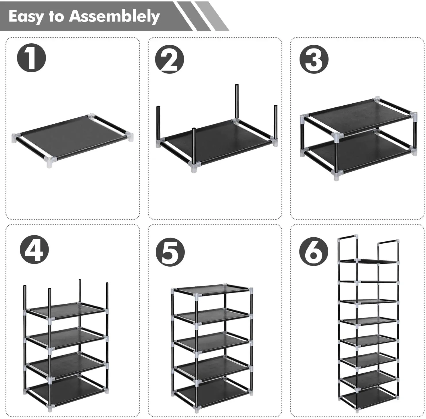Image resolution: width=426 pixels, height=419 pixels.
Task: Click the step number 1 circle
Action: point(32,58)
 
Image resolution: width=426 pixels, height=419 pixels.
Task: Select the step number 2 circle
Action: point(169,59)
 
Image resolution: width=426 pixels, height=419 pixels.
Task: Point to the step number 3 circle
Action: point(314,59)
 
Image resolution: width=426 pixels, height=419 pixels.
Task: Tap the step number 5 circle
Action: point(170,252)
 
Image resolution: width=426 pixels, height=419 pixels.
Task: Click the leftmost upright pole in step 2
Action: point(158,124)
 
